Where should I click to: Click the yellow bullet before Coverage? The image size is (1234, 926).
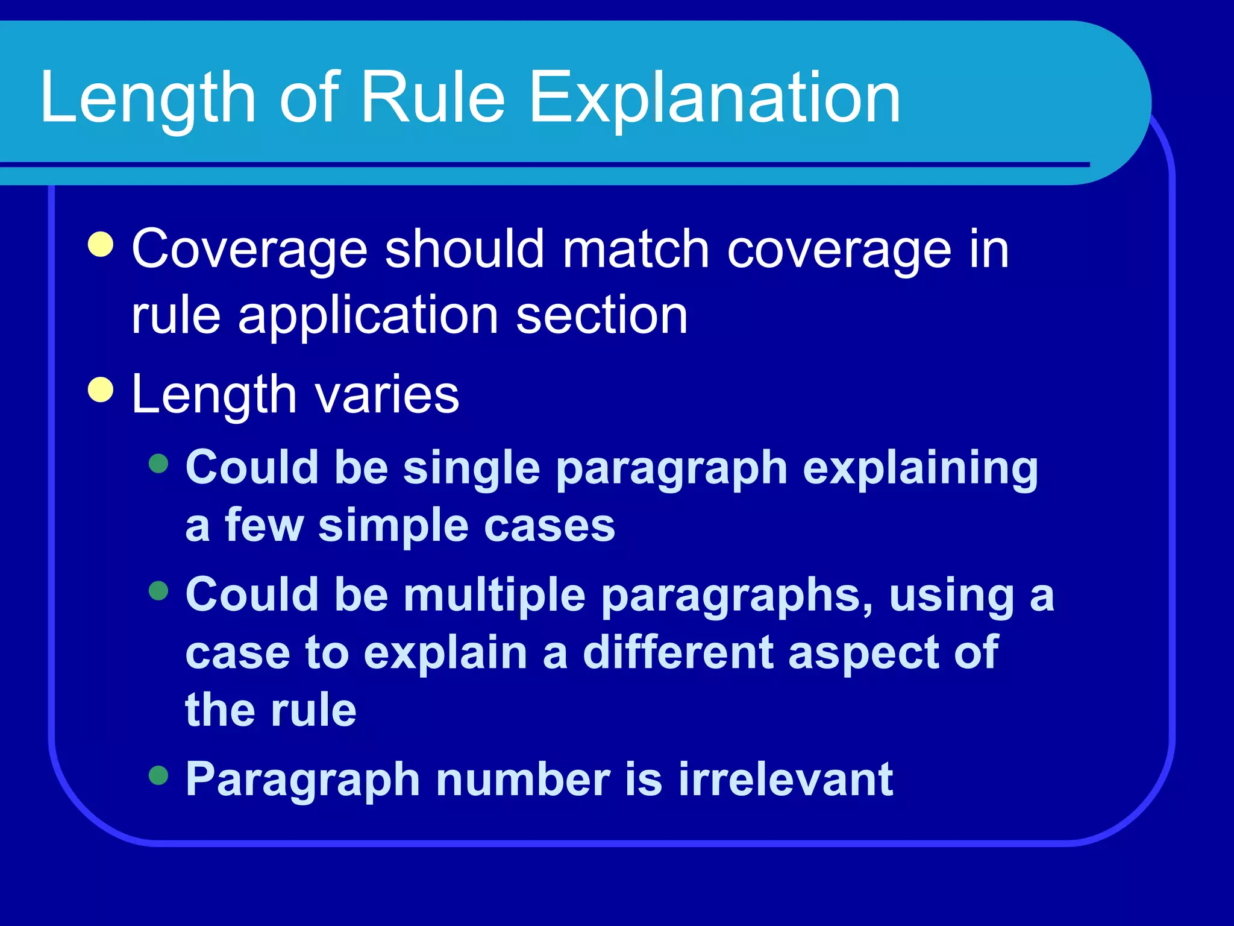point(101,245)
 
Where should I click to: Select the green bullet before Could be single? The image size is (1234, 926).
point(158,464)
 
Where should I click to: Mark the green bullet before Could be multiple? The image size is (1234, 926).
point(158,591)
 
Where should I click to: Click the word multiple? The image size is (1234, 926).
point(494,595)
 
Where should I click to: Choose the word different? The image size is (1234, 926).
point(678,652)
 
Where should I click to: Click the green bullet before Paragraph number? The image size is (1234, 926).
point(158,775)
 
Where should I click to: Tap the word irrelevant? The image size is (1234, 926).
point(786,779)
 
